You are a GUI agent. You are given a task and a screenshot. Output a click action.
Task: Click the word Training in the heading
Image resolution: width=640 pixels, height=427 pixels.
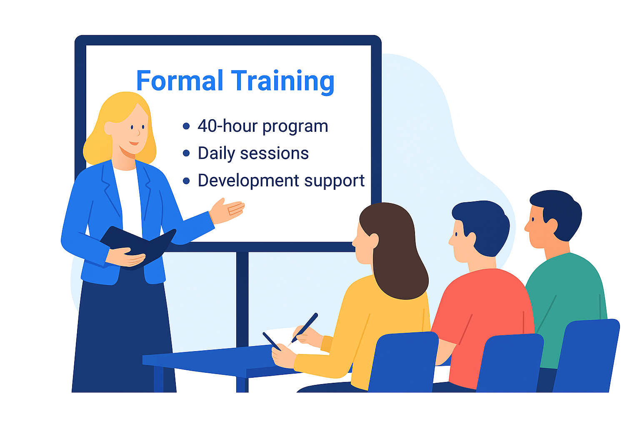click(x=282, y=81)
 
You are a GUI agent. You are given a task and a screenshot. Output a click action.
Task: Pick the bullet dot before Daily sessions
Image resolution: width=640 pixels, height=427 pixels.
click(x=186, y=153)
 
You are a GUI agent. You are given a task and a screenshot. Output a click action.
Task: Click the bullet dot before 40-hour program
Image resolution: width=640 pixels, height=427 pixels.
click(x=186, y=126)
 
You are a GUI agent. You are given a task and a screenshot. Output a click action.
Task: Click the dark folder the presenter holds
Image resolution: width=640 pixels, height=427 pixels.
click(x=137, y=244)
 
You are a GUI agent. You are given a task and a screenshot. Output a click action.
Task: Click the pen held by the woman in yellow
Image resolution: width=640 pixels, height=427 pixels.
click(x=305, y=327)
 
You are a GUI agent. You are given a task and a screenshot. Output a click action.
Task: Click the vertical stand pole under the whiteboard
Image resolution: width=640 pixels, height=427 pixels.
click(x=242, y=300)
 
